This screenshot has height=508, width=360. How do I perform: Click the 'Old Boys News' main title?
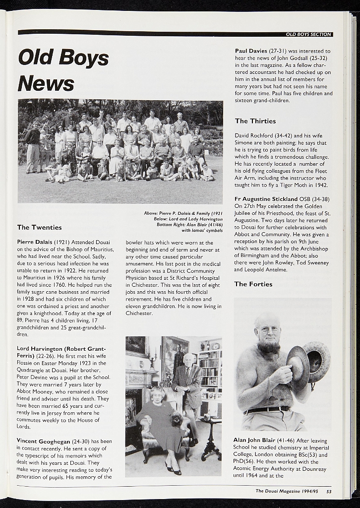pos(63,70)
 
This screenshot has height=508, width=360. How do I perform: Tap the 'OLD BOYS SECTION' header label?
pos(308,34)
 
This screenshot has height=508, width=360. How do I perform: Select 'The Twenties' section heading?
pos(40,227)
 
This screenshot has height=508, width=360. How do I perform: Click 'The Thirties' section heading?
pos(255,121)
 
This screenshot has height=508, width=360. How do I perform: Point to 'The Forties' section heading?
pos(253,284)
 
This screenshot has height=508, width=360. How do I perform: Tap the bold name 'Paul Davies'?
pos(251,51)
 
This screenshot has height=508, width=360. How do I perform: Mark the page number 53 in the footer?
pos(329,491)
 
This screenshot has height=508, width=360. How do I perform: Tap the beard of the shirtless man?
pos(269,346)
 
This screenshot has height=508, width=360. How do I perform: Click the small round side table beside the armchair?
pos(211,437)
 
